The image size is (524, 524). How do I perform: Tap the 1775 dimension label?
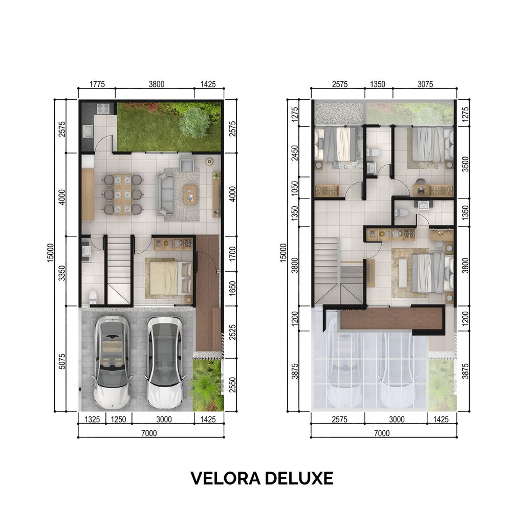[96, 84]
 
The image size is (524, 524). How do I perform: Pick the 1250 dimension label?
[118, 420]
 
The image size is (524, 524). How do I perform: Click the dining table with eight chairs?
[122, 194]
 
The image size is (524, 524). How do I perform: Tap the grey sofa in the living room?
[165, 193]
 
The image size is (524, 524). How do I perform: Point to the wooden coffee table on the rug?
[190, 194]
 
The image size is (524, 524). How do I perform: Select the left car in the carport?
[112, 362]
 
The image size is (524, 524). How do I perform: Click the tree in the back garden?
[194, 122]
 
